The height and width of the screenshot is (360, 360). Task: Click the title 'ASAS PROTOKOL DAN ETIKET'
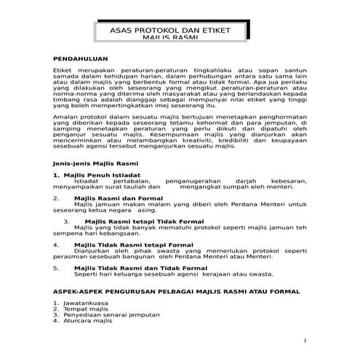tap(180, 31)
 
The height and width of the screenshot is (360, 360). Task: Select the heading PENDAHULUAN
tap(81, 57)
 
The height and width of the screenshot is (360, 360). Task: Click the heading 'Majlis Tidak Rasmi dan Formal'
tap(127, 268)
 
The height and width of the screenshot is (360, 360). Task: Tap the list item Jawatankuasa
tap(87, 302)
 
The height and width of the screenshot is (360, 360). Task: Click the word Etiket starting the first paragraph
tap(64, 66)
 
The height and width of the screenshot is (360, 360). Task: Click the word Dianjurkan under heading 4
tap(93, 251)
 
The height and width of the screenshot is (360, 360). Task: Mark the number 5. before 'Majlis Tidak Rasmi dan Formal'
tap(56, 268)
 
